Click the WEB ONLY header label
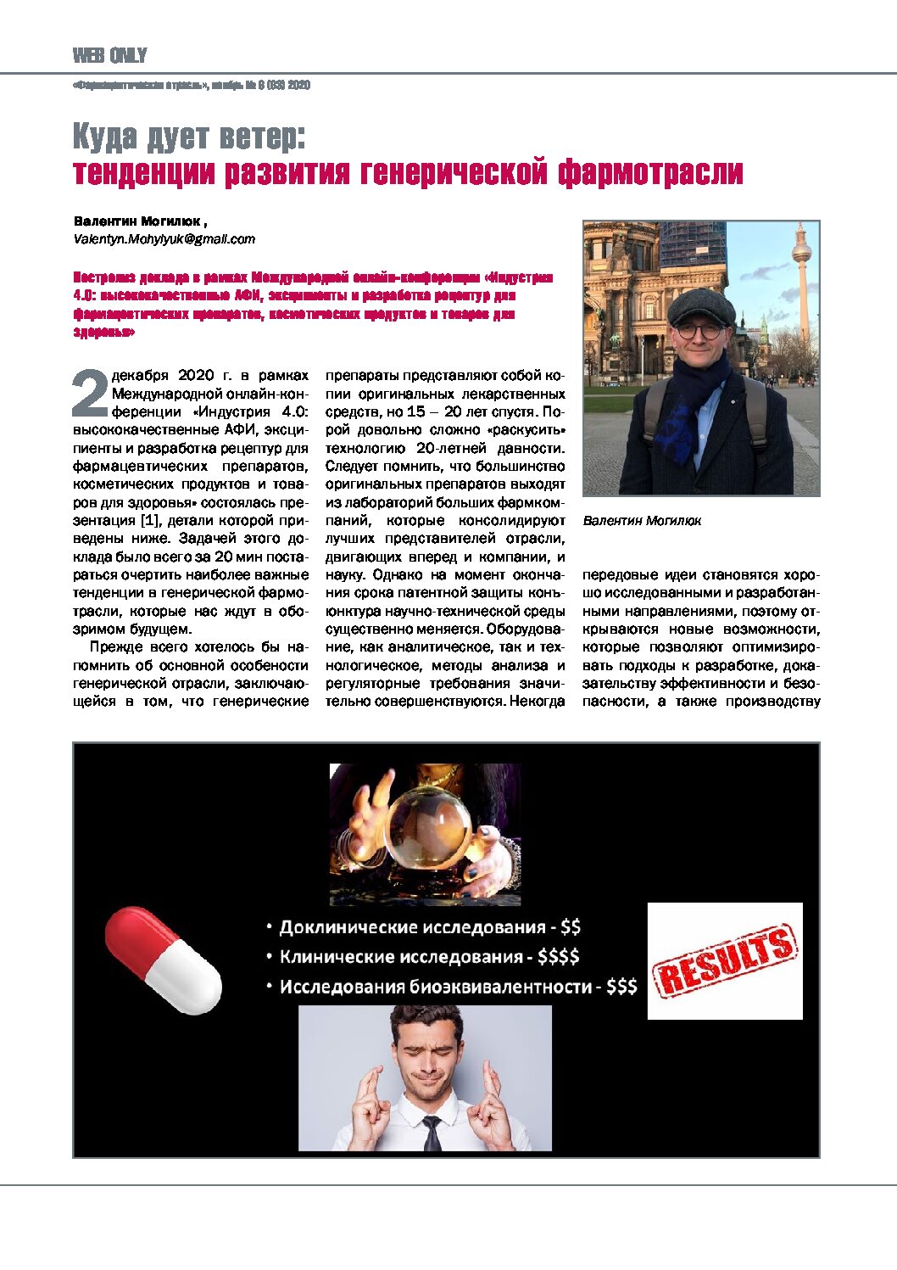(x=109, y=56)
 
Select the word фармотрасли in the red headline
(x=650, y=172)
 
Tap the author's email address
(x=164, y=239)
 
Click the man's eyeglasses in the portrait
(x=700, y=331)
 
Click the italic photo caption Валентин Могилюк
(x=642, y=521)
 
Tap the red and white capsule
(x=163, y=959)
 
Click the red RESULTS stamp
(x=725, y=961)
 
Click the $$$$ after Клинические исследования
(x=558, y=957)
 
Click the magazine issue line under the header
(x=192, y=85)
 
